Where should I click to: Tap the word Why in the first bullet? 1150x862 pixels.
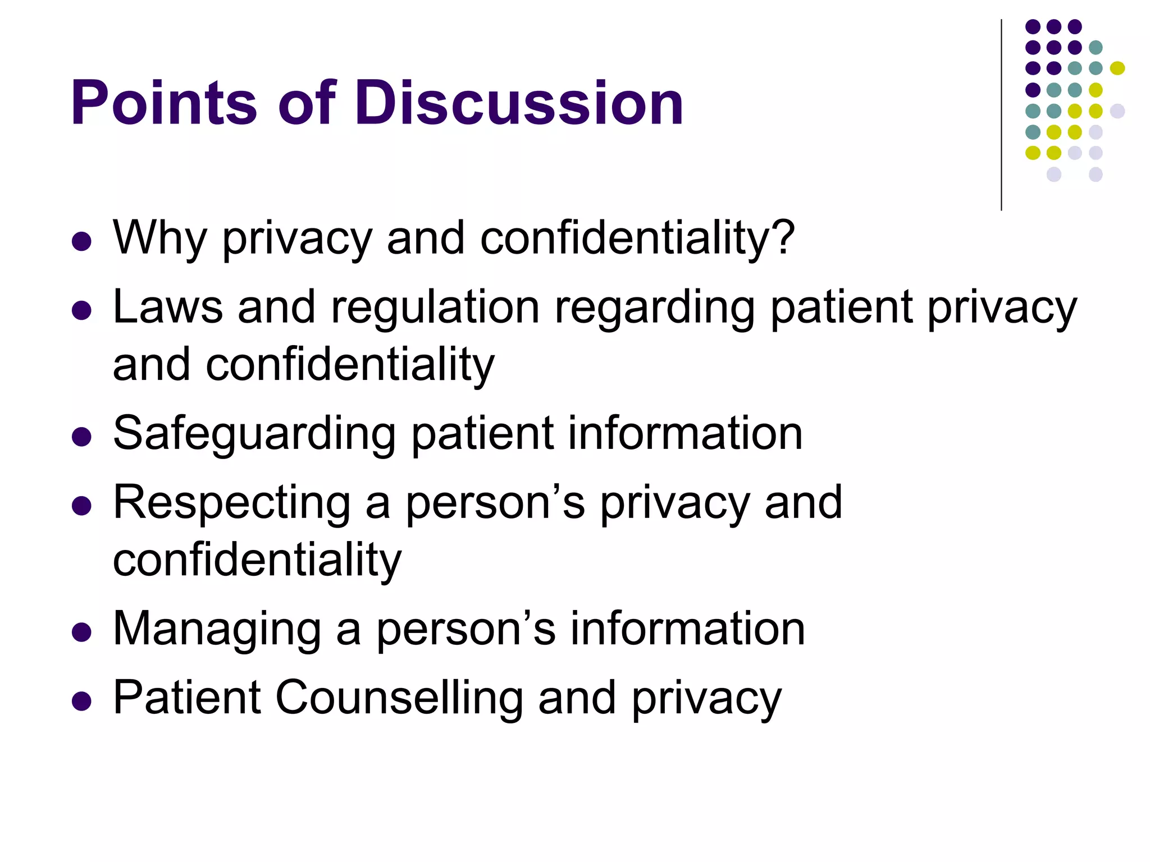pyautogui.click(x=160, y=238)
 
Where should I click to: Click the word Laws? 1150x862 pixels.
pyautogui.click(x=167, y=307)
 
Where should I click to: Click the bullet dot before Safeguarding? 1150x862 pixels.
pyautogui.click(x=82, y=437)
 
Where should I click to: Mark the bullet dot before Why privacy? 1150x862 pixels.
pyautogui.click(x=82, y=241)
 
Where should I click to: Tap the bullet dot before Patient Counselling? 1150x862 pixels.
pyautogui.click(x=82, y=701)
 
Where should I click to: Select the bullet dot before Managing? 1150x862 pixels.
pyautogui.click(x=82, y=632)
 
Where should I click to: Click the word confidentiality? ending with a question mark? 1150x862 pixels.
pyautogui.click(x=637, y=238)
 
